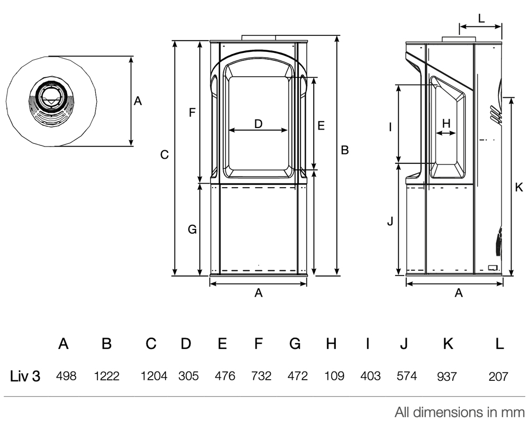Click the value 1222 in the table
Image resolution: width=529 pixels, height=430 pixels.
106,376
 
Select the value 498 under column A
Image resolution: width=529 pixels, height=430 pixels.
66,376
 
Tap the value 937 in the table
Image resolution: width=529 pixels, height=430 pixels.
447,377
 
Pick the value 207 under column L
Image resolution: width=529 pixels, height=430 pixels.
498,377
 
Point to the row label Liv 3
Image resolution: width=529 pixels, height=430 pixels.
25,376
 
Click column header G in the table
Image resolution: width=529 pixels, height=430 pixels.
295,344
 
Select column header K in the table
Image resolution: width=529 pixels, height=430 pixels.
448,344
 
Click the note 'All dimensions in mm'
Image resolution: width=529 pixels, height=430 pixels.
459,413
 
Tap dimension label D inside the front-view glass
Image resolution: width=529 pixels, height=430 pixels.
258,124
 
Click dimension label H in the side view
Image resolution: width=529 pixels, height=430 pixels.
446,123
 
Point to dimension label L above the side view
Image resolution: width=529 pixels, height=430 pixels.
481,17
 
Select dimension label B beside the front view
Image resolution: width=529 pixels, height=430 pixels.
345,150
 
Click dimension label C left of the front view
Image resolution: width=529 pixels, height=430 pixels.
165,155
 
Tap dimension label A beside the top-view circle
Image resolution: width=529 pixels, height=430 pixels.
138,100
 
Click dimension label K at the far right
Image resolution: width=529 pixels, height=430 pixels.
519,187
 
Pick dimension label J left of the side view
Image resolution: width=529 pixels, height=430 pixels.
390,222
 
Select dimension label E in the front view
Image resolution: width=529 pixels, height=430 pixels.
321,125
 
